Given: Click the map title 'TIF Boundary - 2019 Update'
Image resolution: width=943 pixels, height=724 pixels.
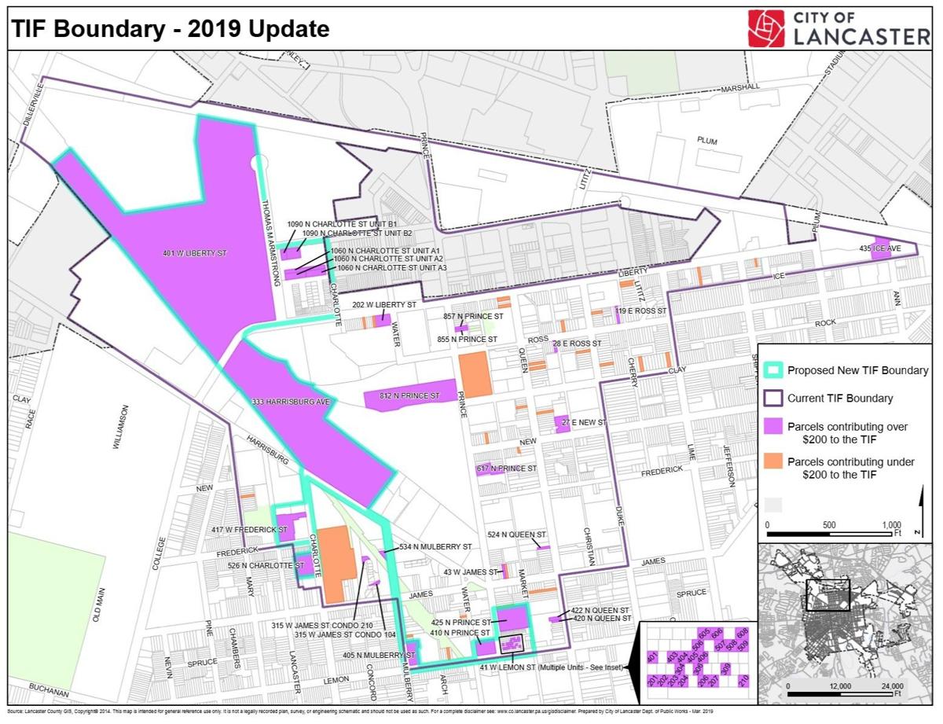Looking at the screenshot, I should (168, 29).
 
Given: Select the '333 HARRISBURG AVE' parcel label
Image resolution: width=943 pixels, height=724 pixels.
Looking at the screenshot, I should (290, 402).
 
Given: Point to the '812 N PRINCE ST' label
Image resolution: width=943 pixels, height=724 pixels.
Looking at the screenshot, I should (409, 396).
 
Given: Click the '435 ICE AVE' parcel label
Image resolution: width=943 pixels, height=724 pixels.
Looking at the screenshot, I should (881, 248).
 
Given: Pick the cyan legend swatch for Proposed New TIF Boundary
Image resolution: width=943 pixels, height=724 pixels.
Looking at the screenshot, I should (773, 370).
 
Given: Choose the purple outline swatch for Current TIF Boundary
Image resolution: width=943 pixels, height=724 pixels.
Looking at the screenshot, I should (773, 398).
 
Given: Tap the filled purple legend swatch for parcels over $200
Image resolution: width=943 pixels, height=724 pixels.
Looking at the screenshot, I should (773, 433).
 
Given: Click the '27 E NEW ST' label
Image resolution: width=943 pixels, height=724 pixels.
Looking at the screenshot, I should (585, 423).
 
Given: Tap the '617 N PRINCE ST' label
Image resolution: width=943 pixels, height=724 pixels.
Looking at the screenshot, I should (507, 469).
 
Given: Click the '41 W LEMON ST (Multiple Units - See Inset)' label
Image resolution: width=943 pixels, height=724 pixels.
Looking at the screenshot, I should (551, 667).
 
